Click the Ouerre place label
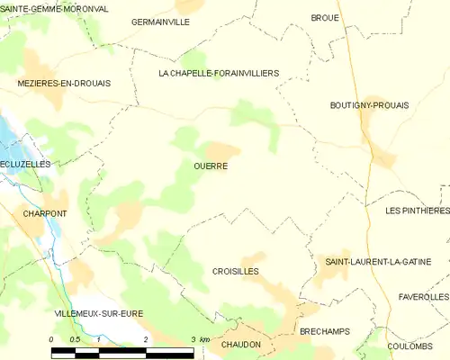point(210,166)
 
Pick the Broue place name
point(325,17)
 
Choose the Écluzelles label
point(25,165)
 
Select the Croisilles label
point(236,271)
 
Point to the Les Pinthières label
point(416,211)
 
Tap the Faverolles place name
point(423,296)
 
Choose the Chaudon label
point(240,345)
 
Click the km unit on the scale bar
point(204,339)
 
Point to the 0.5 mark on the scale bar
point(75,339)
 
